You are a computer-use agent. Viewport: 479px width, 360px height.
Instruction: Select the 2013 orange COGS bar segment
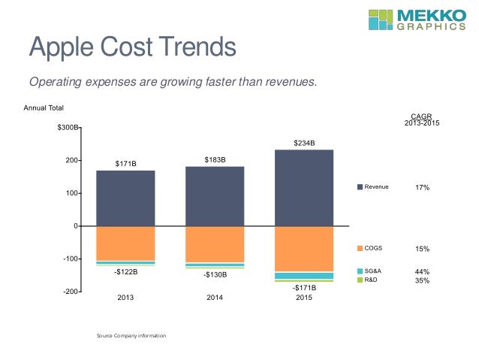[125, 244]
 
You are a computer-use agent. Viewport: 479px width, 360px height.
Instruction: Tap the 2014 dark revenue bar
[215, 196]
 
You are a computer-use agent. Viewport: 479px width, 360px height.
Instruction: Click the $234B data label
[304, 142]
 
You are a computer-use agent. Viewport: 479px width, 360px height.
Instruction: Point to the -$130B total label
[215, 274]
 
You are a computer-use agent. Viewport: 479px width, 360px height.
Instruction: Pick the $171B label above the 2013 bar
[125, 162]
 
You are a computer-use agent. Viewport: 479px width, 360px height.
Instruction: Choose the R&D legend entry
[369, 280]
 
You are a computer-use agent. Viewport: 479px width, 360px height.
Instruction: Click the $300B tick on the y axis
[67, 129]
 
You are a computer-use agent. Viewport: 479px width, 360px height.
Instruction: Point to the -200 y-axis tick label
[71, 291]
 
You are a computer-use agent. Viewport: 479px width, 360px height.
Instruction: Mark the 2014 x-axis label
[215, 298]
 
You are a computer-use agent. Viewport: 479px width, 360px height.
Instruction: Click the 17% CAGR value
[422, 187]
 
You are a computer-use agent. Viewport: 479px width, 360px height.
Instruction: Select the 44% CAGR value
[422, 271]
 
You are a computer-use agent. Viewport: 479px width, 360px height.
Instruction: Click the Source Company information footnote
[131, 334]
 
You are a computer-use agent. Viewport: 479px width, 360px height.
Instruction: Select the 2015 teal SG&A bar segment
[304, 276]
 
